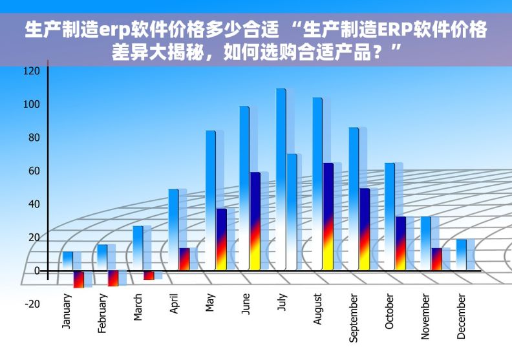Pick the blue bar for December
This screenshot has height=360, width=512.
461,254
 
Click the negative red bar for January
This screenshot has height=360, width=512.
78,279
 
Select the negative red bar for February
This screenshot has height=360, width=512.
113,278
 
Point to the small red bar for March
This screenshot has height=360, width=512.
149,275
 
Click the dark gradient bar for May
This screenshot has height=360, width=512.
221,238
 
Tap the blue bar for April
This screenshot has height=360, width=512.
173,226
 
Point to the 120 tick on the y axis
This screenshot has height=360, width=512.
32,70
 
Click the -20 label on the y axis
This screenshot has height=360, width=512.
32,304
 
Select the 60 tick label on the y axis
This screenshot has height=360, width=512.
34,171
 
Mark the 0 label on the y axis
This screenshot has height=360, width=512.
36,270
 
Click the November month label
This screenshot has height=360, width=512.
425,317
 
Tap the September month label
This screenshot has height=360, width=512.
353,317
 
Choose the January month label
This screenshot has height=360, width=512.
67,312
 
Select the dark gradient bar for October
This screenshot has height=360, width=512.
401,242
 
